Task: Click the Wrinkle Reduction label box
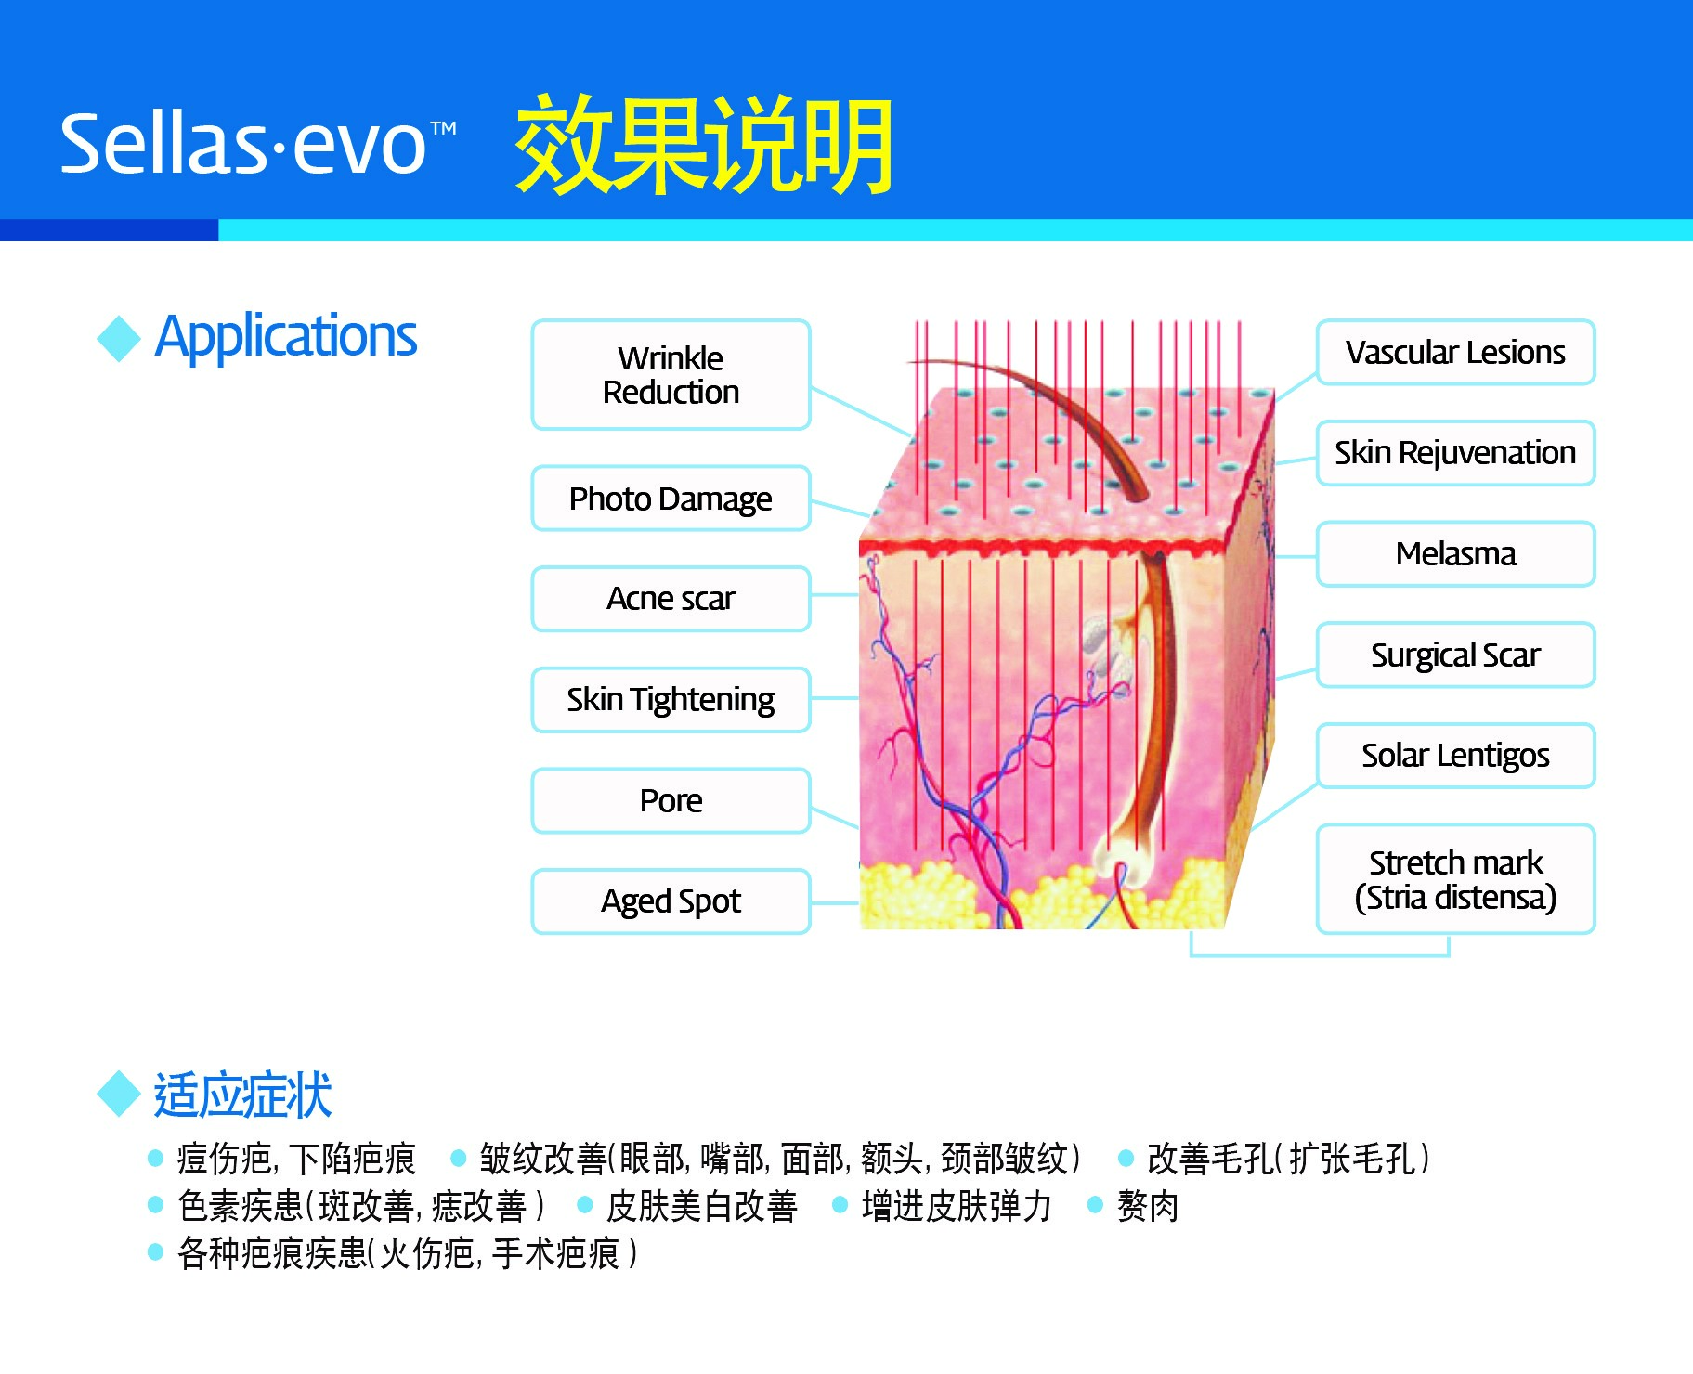tap(671, 375)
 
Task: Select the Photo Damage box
tap(671, 499)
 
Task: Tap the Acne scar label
tap(671, 599)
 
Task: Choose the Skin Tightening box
tap(671, 700)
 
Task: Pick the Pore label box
tap(671, 800)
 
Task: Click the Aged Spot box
tap(671, 901)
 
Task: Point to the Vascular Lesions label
tap(1455, 353)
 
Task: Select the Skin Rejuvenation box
tap(1455, 453)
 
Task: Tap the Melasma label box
tap(1455, 554)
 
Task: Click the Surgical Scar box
tap(1455, 655)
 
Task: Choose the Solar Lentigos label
tap(1455, 756)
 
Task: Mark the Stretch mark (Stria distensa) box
tap(1455, 879)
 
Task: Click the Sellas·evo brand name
tap(257, 144)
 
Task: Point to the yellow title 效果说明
tap(704, 145)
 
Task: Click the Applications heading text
tap(286, 336)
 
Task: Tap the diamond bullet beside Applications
tap(119, 338)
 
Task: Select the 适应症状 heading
tap(242, 1095)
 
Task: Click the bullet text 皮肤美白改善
tap(701, 1206)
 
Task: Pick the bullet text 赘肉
tap(1148, 1206)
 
